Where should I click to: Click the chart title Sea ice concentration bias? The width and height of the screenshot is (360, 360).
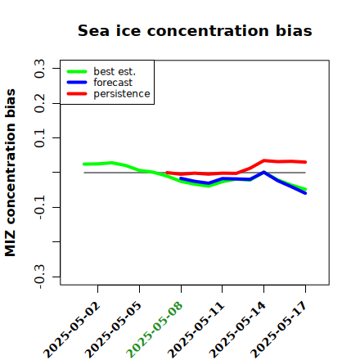(195, 30)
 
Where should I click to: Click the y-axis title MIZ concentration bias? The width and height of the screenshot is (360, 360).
(11, 173)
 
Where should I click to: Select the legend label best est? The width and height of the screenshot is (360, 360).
(115, 71)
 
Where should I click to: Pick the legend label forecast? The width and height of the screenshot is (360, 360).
(113, 83)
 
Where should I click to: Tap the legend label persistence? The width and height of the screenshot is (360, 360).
(122, 94)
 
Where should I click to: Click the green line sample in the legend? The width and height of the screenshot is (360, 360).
(77, 71)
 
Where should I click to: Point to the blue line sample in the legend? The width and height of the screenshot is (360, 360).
(77, 83)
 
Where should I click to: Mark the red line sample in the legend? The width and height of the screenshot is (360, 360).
(77, 94)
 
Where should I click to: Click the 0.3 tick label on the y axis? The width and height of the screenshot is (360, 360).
(39, 69)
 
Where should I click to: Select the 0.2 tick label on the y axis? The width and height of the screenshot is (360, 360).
(39, 103)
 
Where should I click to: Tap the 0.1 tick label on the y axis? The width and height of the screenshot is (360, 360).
(39, 138)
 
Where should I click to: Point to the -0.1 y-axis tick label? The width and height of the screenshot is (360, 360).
(39, 208)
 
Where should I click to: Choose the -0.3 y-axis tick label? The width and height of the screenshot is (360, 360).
(39, 277)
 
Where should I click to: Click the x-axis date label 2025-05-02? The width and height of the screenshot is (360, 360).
(72, 330)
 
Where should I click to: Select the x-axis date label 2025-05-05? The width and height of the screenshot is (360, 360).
(114, 330)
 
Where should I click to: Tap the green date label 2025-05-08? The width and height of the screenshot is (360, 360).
(155, 330)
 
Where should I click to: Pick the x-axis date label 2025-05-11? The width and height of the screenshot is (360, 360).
(196, 330)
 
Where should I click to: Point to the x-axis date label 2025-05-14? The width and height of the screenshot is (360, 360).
(237, 330)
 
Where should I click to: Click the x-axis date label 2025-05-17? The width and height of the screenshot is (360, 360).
(279, 330)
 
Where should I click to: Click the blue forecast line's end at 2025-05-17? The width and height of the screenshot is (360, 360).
(305, 193)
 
